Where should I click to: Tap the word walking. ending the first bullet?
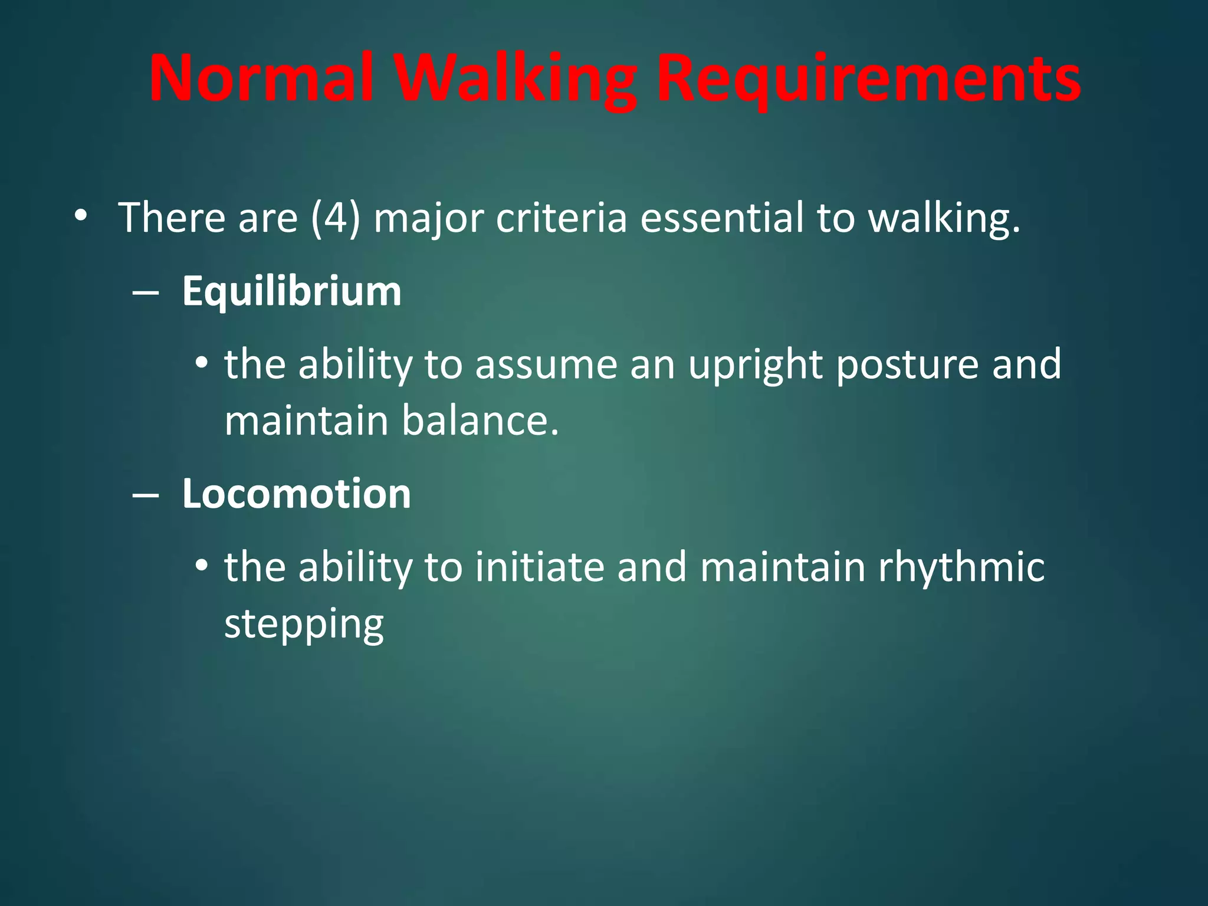point(944,218)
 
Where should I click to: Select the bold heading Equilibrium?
point(291,291)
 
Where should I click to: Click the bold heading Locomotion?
point(296,494)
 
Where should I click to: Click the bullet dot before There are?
point(81,216)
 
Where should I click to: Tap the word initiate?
point(540,566)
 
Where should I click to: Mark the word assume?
point(546,365)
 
